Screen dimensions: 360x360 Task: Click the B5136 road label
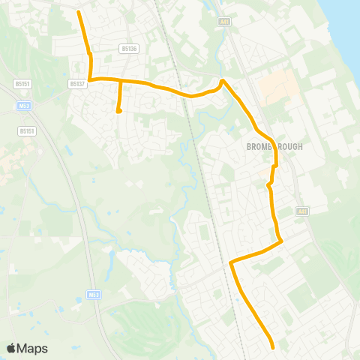point(129,49)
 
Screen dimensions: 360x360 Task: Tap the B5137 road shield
point(77,84)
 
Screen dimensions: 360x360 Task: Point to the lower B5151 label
point(27,130)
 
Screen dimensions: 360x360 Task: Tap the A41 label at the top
point(225,22)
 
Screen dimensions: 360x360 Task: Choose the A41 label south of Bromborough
point(302,211)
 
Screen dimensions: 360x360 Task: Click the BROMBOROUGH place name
point(274,147)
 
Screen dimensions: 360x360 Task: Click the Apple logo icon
point(11,348)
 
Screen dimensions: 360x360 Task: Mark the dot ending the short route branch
point(118,112)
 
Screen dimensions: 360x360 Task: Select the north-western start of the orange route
point(79,12)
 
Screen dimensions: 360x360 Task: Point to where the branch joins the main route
point(120,79)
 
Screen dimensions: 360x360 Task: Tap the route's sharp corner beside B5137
point(90,79)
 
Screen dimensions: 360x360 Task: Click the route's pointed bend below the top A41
point(222,80)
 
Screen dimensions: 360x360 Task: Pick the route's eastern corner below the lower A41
point(281,241)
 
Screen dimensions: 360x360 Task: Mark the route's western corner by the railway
point(230,262)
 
